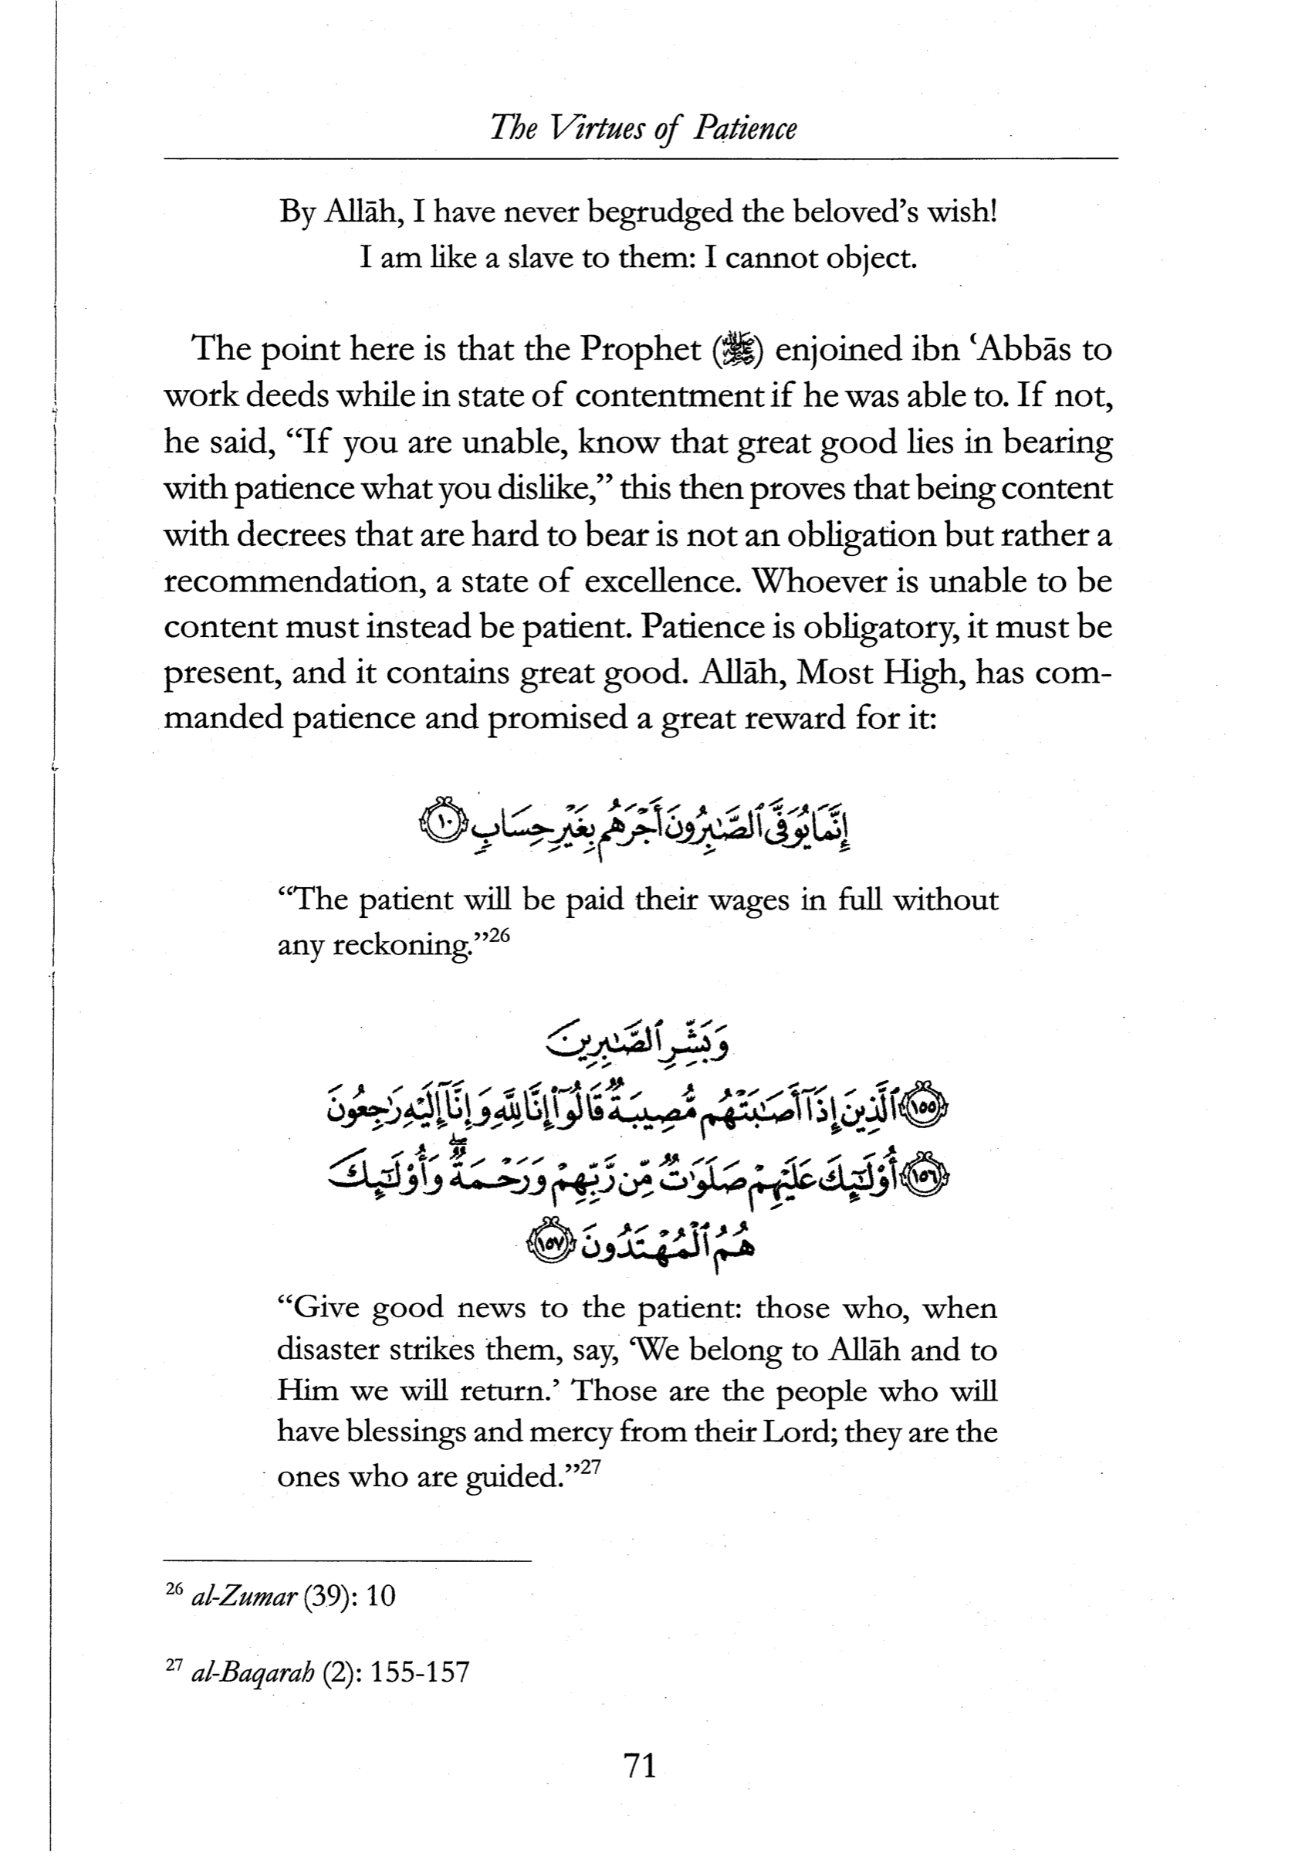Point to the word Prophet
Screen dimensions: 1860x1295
click(x=640, y=351)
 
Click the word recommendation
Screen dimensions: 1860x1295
click(x=293, y=581)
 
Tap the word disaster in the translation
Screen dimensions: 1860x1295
click(x=327, y=1350)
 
